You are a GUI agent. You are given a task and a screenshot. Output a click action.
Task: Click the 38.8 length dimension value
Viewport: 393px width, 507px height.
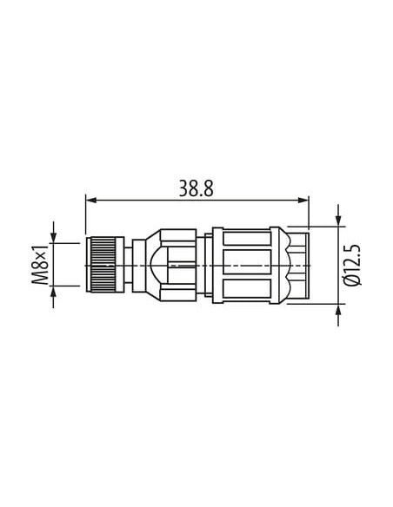click(x=196, y=188)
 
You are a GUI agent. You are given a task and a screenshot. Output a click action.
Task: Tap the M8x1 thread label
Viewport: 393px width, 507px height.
click(x=41, y=265)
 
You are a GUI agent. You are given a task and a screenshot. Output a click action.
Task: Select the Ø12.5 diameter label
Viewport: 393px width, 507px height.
click(x=353, y=265)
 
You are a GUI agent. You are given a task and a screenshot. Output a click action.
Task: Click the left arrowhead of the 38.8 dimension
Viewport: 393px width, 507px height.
click(x=91, y=201)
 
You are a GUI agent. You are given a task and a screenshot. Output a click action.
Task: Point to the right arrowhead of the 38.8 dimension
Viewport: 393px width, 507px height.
click(x=303, y=201)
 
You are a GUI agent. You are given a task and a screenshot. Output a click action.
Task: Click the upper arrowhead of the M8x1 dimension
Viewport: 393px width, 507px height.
click(x=53, y=237)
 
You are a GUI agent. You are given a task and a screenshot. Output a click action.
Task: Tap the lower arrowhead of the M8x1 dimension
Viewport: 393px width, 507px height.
click(x=53, y=292)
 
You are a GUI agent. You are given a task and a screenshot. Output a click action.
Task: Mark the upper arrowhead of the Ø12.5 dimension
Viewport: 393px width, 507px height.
click(x=338, y=221)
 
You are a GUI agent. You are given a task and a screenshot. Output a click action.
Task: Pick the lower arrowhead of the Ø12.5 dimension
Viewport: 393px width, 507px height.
click(x=338, y=309)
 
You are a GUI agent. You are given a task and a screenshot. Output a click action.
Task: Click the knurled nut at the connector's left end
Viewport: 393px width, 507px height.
click(x=105, y=265)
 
